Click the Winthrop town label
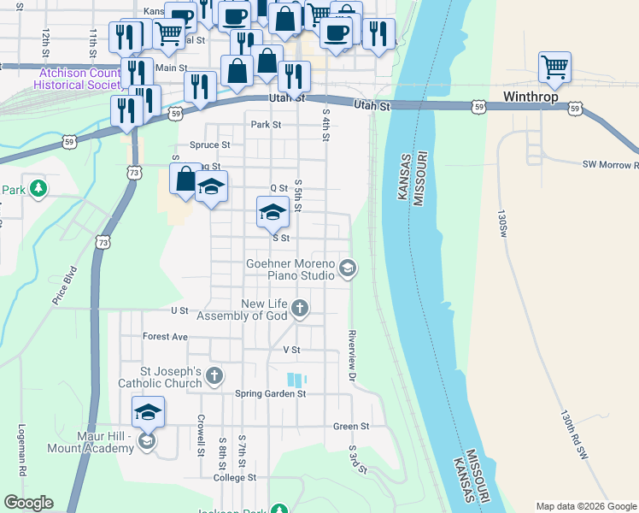coord(531,97)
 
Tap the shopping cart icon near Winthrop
coord(555,67)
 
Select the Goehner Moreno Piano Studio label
coord(290,269)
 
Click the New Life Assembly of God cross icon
coord(299,308)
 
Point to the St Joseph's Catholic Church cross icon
coord(214,374)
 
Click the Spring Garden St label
coord(270,394)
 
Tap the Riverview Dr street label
coord(351,354)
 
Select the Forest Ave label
coord(165,337)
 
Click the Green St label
coord(351,426)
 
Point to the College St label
coord(235,478)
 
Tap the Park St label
coord(266,125)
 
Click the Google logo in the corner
coord(28,503)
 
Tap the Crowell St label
coord(202,435)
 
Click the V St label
coord(291,351)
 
